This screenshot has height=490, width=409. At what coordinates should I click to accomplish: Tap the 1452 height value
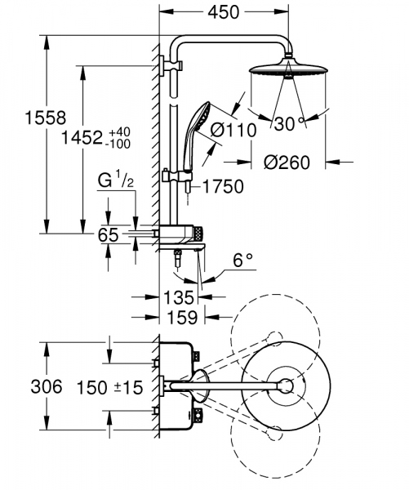click(x=83, y=138)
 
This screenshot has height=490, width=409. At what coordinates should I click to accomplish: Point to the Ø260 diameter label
click(x=287, y=163)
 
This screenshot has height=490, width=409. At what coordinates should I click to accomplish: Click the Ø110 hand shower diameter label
click(x=233, y=129)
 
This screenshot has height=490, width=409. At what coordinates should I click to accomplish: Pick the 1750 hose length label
click(x=221, y=187)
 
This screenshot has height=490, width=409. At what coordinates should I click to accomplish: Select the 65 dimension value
click(x=109, y=235)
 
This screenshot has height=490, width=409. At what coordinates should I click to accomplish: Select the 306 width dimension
click(x=23, y=386)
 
